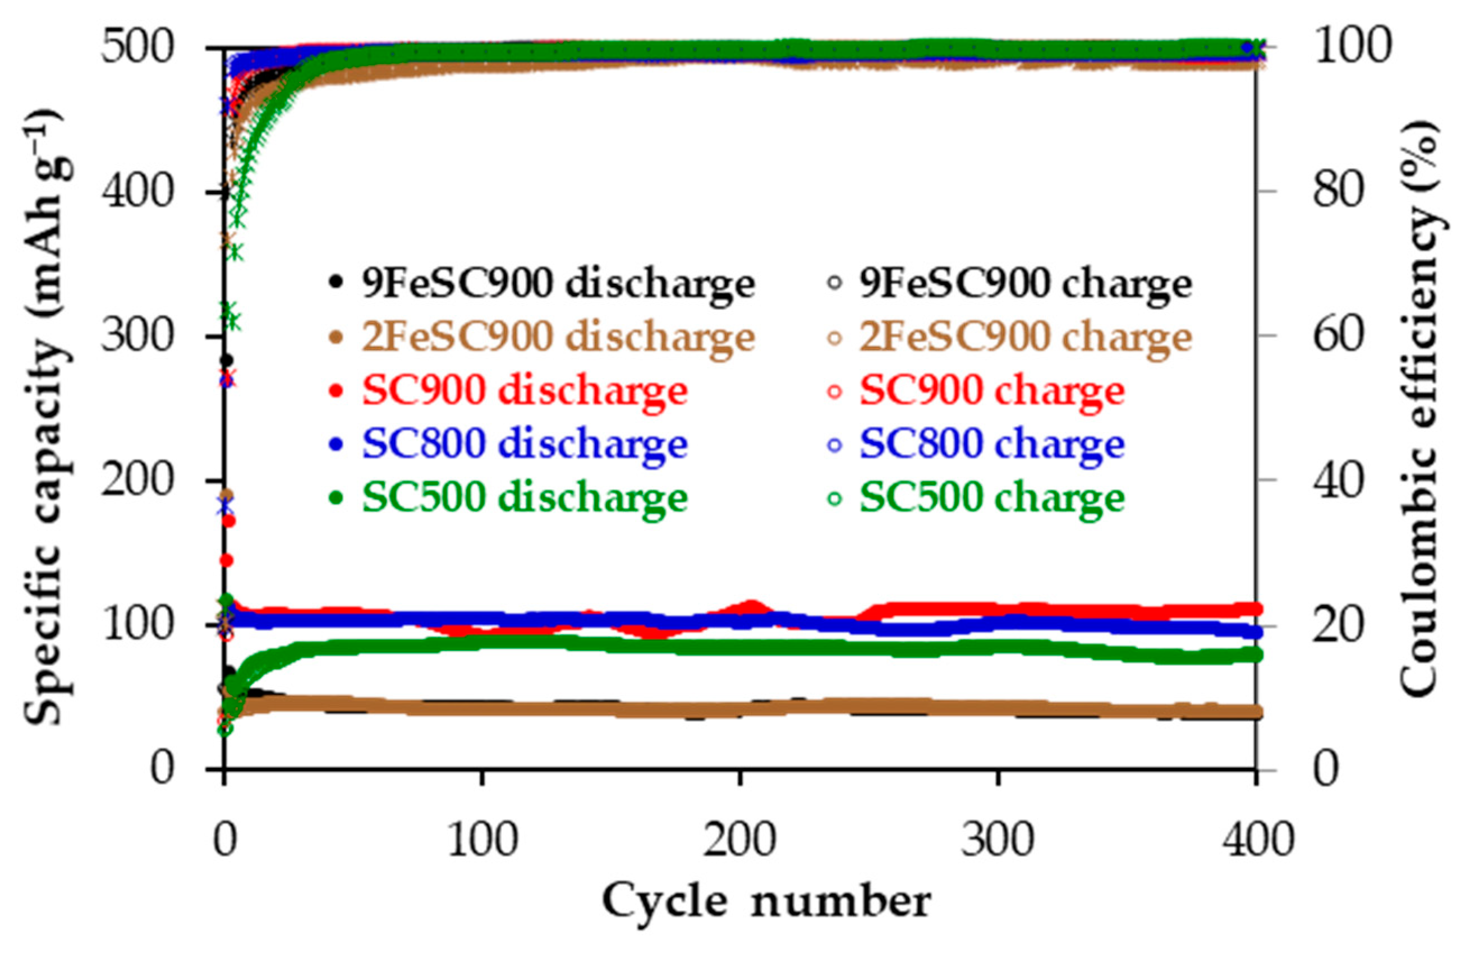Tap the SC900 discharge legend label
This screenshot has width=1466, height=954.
(x=523, y=391)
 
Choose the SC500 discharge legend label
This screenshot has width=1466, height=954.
(x=523, y=497)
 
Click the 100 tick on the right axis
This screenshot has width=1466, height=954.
(x=1353, y=47)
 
